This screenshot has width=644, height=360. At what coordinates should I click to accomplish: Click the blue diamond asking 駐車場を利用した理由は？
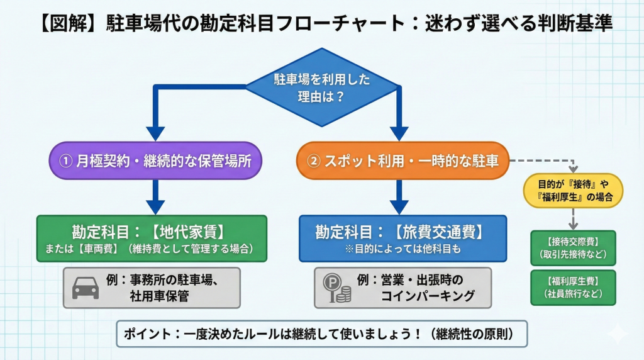(321, 88)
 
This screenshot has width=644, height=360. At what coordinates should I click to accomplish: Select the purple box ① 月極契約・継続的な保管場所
(155, 160)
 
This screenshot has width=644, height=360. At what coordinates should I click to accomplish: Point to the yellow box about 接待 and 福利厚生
(573, 191)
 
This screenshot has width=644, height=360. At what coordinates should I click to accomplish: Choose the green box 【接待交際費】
(573, 247)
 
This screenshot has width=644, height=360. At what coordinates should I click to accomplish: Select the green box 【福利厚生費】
(573, 288)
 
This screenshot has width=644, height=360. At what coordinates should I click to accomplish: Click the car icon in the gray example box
(86, 288)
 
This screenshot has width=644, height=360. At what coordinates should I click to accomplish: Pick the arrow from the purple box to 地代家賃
(155, 196)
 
